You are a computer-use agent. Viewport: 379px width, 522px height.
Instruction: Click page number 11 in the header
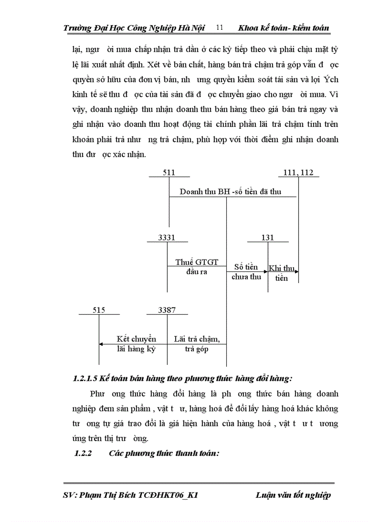tap(220, 28)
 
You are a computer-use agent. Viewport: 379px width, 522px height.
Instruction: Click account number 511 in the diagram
tap(169, 172)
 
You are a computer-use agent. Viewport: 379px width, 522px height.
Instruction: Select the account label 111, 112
tap(298, 172)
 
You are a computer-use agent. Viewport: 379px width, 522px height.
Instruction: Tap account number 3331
tap(167, 238)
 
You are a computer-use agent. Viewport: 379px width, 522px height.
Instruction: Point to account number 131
tap(268, 238)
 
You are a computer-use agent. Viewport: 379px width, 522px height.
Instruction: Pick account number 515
tap(99, 310)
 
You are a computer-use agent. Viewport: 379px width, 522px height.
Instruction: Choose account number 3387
tap(167, 310)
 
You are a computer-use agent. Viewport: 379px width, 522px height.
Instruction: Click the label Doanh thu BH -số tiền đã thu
tap(230, 192)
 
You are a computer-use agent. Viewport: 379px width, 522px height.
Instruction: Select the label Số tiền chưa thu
tap(246, 272)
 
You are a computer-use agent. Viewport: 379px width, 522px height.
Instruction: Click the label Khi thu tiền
tap(282, 273)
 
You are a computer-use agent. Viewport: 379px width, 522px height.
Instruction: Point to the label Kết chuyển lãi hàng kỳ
tap(137, 344)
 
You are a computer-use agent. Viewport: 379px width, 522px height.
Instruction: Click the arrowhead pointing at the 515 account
tap(101, 344)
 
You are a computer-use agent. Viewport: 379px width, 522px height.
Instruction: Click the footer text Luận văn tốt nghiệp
tap(293, 495)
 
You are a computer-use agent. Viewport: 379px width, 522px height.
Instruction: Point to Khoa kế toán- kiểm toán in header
tap(283, 28)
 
